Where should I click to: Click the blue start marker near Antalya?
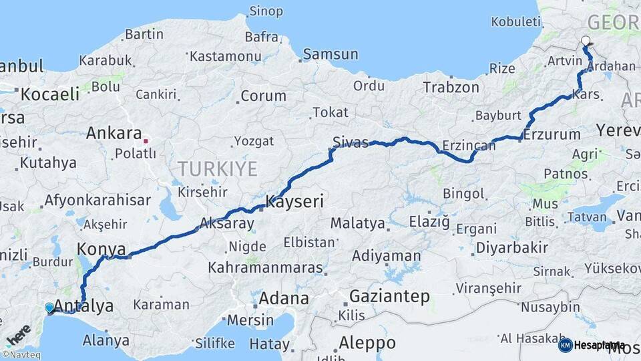pos(49,308)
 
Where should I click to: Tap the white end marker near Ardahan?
pos(586,41)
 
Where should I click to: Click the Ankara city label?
pos(114,132)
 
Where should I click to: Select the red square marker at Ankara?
pos(146,141)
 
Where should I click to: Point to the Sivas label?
pos(351,142)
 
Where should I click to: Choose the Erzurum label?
pos(552,134)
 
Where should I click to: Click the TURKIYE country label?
pos(217,168)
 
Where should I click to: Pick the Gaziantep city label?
pos(389,296)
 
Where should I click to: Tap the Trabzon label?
pos(451,87)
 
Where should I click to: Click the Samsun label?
pos(331,54)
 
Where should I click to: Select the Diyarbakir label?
pos(512,247)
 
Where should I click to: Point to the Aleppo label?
pos(367,343)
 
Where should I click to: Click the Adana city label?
pos(284,298)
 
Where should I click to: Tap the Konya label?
pos(101,249)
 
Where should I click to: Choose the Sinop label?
pos(266,11)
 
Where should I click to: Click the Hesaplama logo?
pos(592,345)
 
